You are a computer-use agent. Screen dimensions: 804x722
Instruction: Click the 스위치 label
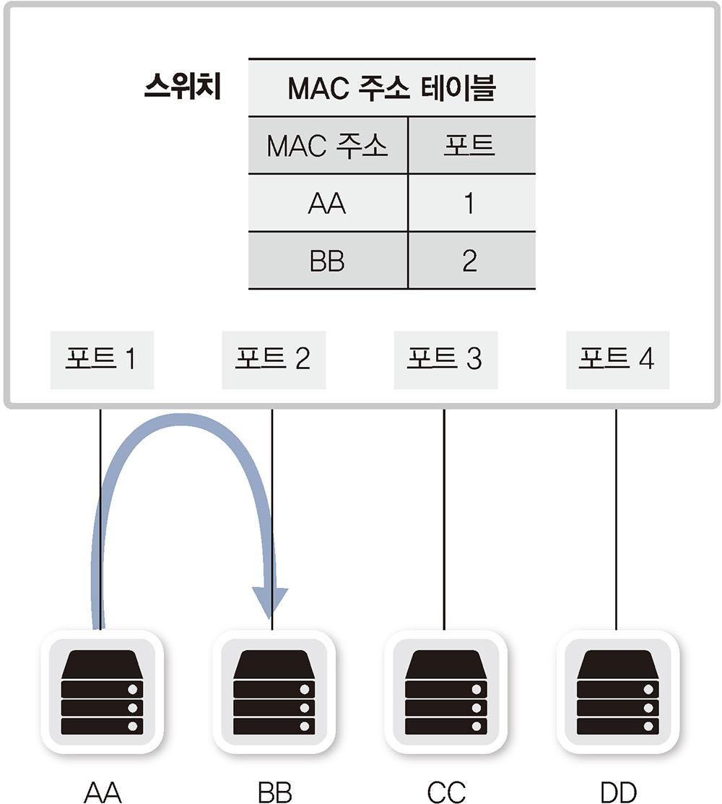[x=182, y=89]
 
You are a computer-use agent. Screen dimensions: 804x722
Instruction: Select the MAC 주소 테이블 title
[x=391, y=89]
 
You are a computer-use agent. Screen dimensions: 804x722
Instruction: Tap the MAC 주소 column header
[x=327, y=147]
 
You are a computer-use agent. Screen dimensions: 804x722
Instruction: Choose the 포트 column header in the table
[x=470, y=147]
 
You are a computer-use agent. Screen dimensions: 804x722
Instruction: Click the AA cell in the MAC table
[x=327, y=204]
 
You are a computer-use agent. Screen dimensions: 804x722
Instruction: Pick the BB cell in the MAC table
[x=327, y=261]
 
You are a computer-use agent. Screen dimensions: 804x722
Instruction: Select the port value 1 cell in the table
[x=470, y=204]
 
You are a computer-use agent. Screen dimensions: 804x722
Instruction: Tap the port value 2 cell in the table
[x=470, y=261]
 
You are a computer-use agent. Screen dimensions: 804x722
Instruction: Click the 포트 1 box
[x=101, y=359]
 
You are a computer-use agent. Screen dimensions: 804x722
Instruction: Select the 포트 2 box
[x=273, y=359]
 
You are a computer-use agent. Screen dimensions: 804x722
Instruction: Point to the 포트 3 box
[x=445, y=359]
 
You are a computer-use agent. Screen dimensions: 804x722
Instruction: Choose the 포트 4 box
[x=617, y=359]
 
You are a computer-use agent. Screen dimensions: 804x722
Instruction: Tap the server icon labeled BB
[x=273, y=692]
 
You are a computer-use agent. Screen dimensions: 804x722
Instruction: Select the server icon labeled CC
[x=445, y=692]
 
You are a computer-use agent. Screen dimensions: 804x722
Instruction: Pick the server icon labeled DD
[x=617, y=692]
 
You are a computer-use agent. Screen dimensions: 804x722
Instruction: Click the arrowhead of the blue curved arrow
[x=269, y=602]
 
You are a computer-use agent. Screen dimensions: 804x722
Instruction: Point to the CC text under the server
[x=445, y=791]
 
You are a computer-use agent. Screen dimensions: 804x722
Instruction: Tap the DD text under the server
[x=617, y=791]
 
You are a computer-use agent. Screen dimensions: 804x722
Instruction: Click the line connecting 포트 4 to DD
[x=616, y=520]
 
